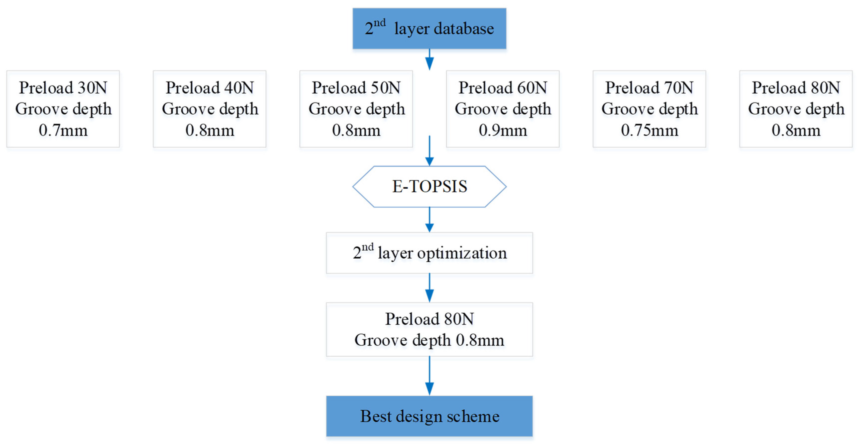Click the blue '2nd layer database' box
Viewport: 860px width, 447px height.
coord(429,29)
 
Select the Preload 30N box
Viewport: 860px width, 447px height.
coord(63,109)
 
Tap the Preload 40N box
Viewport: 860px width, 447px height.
coord(210,109)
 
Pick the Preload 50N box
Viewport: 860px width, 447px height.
coord(356,109)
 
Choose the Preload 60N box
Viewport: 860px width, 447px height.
coord(503,109)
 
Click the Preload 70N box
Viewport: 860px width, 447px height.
coord(649,109)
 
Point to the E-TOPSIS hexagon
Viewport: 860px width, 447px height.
coord(429,186)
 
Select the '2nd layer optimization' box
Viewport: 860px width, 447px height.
coord(429,253)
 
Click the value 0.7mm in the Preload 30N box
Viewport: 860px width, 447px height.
coord(63,130)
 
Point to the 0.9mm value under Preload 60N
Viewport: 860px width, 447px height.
coord(503,130)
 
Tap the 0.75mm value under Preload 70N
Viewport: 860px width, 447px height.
coord(649,130)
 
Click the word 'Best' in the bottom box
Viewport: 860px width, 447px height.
coord(376,416)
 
